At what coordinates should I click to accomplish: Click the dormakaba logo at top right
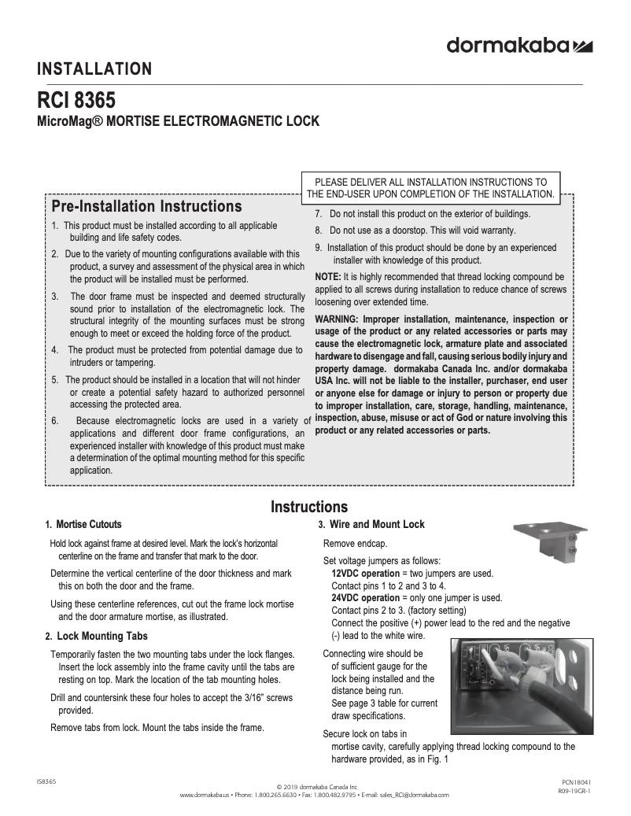coord(519,46)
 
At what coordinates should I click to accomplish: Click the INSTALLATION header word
coord(94,69)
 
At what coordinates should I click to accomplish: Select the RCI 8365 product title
coord(76,103)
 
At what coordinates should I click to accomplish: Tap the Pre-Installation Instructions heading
coord(146,206)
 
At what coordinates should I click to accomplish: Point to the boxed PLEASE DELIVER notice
coord(430,187)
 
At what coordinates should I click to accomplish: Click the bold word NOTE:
coord(327,277)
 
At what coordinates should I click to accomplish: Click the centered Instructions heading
coord(309,507)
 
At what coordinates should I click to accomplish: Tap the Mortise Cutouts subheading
coord(89,524)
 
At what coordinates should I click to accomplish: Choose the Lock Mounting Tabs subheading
coord(102,636)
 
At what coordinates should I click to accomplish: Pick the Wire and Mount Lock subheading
coord(375,525)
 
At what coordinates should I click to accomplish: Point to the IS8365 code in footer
coord(46,782)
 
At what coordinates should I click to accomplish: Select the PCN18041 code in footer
coord(570,782)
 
